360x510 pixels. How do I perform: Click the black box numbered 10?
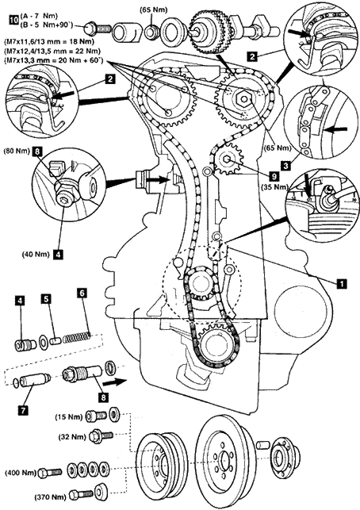coord(13,20)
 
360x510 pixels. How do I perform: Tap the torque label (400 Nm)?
coord(20,473)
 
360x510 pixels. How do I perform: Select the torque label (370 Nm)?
coord(50,497)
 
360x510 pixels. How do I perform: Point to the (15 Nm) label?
coord(69,416)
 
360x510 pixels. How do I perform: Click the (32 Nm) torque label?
coord(72,437)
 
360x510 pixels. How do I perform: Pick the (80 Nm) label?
coord(17,151)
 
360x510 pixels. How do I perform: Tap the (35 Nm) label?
coord(275,186)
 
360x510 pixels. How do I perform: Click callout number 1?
coord(341,283)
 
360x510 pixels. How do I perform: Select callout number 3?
coord(285,167)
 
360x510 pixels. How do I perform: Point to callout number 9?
coord(274,176)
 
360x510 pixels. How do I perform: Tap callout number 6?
coord(82,293)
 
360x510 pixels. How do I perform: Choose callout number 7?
coord(23,411)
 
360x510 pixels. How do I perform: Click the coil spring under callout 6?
coord(77,338)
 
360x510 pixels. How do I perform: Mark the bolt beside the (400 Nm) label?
coord(50,473)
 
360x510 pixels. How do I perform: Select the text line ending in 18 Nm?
coord(49,41)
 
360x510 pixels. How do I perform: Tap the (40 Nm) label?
coord(36,255)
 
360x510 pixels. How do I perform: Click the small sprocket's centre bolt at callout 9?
coord(227,159)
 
